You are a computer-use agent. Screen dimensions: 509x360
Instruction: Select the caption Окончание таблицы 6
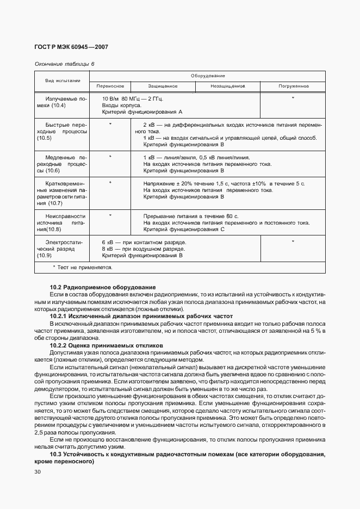[x=64, y=64]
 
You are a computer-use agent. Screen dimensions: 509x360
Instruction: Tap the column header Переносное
[x=110, y=86]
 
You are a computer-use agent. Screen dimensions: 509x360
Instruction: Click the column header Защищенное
[x=163, y=86]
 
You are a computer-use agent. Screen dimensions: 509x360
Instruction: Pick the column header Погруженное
[x=294, y=86]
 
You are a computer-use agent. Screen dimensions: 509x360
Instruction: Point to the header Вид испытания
[x=62, y=80]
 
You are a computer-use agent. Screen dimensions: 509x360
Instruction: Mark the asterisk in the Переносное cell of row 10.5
[x=110, y=125]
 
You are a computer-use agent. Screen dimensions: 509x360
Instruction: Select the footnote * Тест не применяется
[x=82, y=267]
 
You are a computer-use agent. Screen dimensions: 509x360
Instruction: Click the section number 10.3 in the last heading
[x=56, y=454]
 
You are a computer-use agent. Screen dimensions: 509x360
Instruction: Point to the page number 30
[x=38, y=472]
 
